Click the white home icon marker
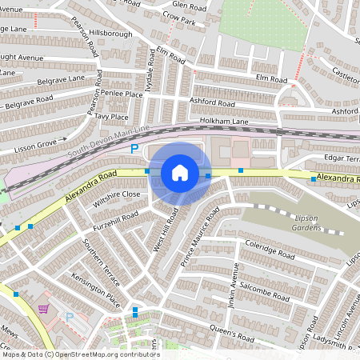(x=180, y=173)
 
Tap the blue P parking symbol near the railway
(x=135, y=149)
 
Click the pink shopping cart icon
(x=43, y=309)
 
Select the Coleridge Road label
(x=270, y=248)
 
